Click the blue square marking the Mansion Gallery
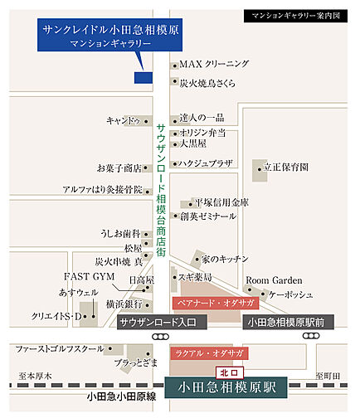click(143, 78)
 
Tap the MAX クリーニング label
click(214, 64)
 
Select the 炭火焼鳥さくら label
click(207, 83)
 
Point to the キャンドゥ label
click(123, 120)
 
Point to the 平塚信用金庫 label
click(221, 202)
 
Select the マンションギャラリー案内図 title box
click(296, 16)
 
